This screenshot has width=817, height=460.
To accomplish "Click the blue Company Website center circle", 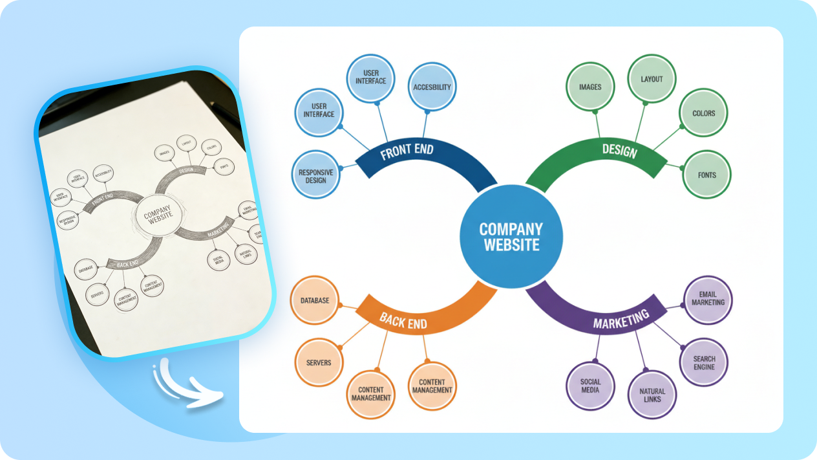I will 511,237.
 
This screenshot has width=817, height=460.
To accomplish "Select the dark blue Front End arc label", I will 407,152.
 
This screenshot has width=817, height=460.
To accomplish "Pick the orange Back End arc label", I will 403,320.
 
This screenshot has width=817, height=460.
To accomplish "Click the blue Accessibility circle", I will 432,87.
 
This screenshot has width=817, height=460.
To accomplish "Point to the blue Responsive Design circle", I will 316,176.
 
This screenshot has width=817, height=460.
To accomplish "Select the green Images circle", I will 589,87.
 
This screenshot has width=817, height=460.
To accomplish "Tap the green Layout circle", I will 652,79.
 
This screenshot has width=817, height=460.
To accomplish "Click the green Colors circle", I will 704,113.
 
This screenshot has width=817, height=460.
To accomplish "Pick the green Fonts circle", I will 706,175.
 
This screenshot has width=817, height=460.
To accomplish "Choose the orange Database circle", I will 315,300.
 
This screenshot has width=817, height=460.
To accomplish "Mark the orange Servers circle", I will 319,362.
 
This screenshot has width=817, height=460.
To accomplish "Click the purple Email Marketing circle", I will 708,299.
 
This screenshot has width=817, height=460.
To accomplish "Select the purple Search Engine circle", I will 704,362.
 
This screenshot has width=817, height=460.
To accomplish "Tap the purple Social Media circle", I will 590,386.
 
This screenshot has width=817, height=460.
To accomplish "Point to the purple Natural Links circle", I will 652,395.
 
